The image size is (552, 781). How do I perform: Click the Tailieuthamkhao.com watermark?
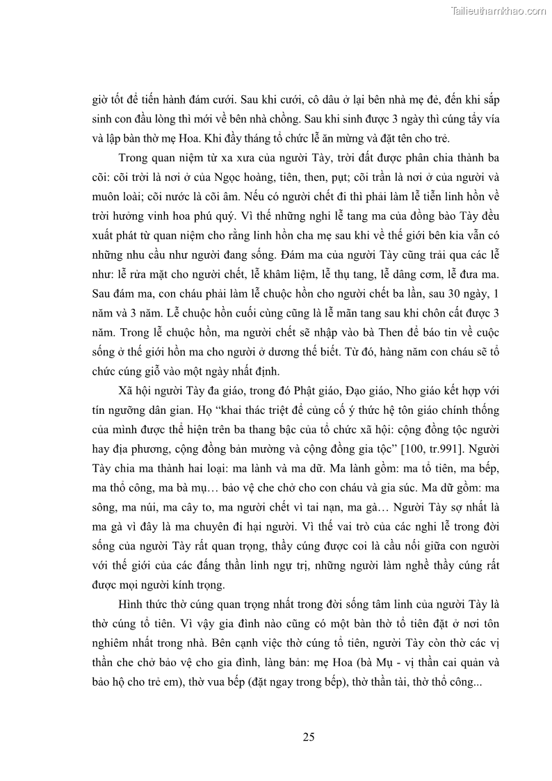point(498,10)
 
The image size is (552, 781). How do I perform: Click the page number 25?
point(309,737)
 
